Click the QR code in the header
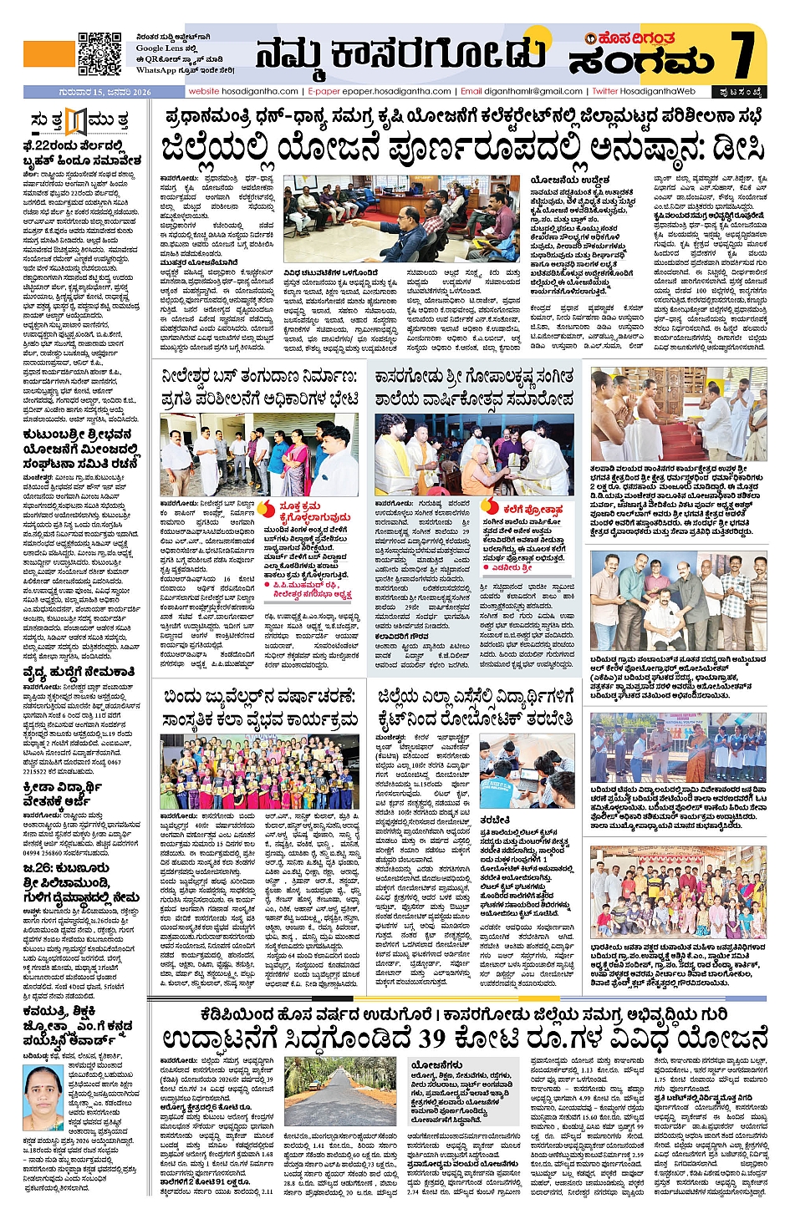click(x=99, y=53)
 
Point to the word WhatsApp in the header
click(x=155, y=71)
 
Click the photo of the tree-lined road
click(x=339, y=1090)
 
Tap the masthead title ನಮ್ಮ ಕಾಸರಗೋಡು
click(x=400, y=55)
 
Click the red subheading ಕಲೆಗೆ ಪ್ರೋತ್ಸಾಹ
click(x=533, y=509)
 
